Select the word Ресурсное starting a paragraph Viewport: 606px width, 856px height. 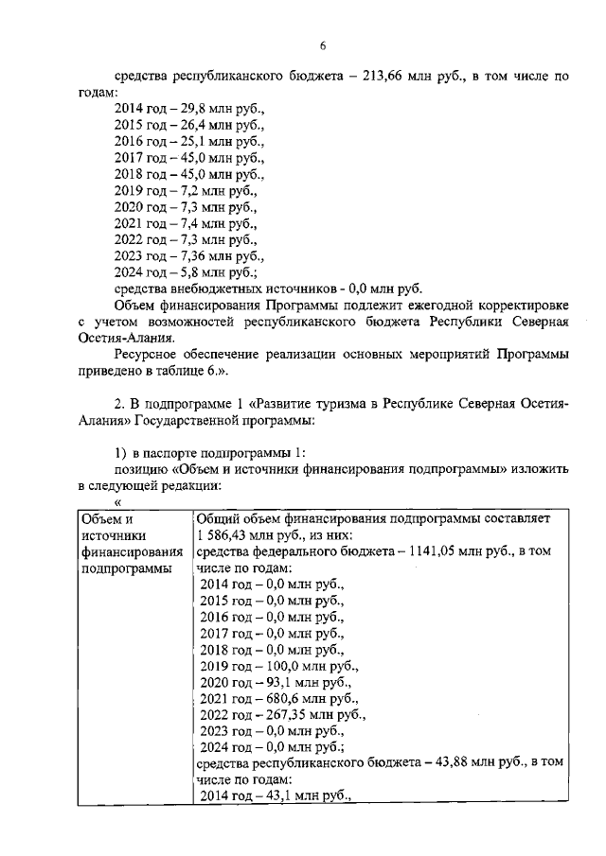[147, 354]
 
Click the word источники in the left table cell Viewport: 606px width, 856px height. [110, 534]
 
